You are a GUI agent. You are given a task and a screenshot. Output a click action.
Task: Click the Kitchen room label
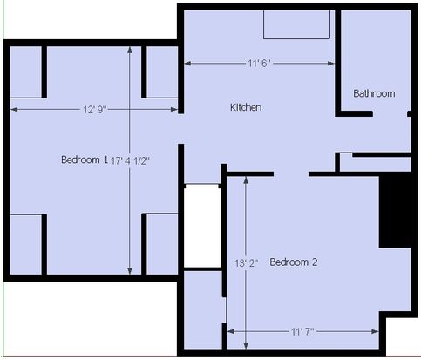(x=246, y=107)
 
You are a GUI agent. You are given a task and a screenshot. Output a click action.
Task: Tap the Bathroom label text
(x=374, y=93)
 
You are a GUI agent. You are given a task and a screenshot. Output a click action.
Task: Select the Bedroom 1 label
(x=85, y=160)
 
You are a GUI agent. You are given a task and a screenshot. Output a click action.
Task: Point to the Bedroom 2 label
(x=294, y=262)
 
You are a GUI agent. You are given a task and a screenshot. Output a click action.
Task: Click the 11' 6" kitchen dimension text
(x=259, y=64)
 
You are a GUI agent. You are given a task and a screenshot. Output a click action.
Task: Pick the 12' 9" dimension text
(x=95, y=110)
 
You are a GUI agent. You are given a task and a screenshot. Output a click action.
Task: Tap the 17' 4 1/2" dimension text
(x=130, y=160)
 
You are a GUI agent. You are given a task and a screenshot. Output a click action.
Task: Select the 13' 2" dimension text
(x=247, y=263)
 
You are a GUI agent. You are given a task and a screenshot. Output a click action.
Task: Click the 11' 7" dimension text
(x=302, y=331)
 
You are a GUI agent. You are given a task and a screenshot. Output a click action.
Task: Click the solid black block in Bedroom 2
(x=395, y=211)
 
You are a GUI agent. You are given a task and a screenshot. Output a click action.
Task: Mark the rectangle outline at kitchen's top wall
(x=296, y=24)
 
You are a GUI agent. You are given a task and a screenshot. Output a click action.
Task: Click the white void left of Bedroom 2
(x=202, y=226)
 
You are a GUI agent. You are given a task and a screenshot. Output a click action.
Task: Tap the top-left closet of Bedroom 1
(x=26, y=72)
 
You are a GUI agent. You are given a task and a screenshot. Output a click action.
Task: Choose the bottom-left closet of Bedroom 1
(x=26, y=245)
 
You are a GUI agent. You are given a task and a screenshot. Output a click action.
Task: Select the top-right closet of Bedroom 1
(x=162, y=72)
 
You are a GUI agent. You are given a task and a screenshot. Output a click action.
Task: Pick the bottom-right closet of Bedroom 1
(x=162, y=244)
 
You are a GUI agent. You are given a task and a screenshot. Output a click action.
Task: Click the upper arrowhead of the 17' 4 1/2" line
(x=130, y=50)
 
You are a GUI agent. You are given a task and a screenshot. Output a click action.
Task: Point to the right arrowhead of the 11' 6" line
(x=331, y=64)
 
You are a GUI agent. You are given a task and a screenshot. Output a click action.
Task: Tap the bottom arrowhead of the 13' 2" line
(x=246, y=345)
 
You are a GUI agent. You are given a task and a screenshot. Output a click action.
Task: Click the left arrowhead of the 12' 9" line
(x=14, y=110)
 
